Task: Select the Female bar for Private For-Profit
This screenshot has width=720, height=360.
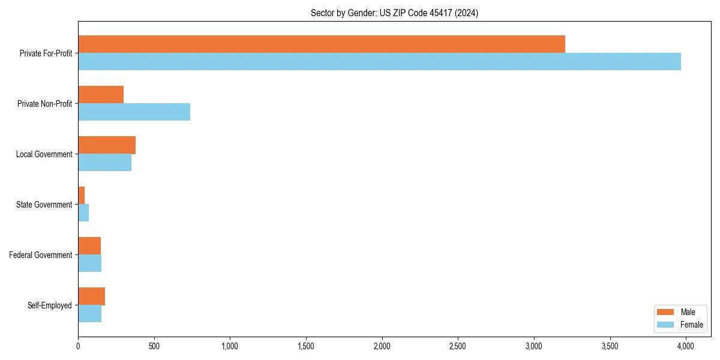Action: tap(379, 62)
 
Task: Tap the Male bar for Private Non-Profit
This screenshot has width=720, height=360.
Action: tap(101, 95)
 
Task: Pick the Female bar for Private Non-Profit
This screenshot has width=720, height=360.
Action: tap(134, 112)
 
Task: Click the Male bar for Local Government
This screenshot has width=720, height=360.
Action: tap(107, 145)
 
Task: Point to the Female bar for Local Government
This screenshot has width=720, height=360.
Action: tap(104, 163)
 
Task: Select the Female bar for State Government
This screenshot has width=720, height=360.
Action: tap(83, 213)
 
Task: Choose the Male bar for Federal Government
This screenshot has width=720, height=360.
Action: tap(89, 246)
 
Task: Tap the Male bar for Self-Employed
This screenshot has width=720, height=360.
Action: tap(91, 296)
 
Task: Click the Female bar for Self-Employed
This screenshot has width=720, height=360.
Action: tap(89, 314)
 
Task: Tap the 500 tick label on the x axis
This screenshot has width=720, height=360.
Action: tap(154, 346)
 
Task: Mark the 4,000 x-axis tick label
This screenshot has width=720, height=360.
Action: tap(686, 346)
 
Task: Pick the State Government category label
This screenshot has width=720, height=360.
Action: tap(44, 205)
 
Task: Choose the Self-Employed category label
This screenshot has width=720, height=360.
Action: tap(49, 305)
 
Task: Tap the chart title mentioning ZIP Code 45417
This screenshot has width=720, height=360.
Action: tap(394, 13)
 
